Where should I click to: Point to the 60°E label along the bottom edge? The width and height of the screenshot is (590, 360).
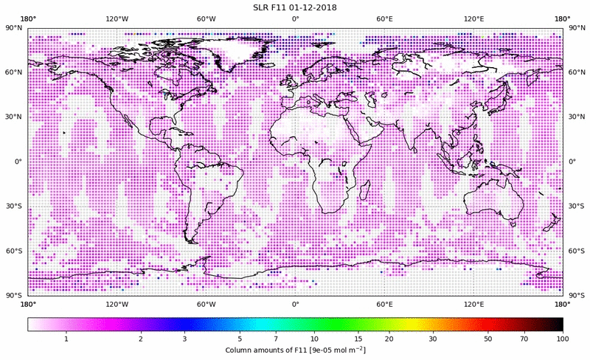click(x=384, y=304)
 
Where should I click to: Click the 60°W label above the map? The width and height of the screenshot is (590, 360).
click(x=206, y=18)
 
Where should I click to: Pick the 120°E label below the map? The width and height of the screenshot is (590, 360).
click(x=473, y=304)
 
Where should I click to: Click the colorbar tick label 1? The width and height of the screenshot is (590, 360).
click(x=66, y=339)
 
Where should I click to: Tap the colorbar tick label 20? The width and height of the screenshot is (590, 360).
click(x=389, y=339)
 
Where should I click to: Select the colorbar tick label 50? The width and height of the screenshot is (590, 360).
click(x=487, y=339)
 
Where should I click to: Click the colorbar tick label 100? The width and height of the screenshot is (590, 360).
click(x=562, y=339)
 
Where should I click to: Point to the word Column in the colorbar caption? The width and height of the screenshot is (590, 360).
click(x=243, y=350)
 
